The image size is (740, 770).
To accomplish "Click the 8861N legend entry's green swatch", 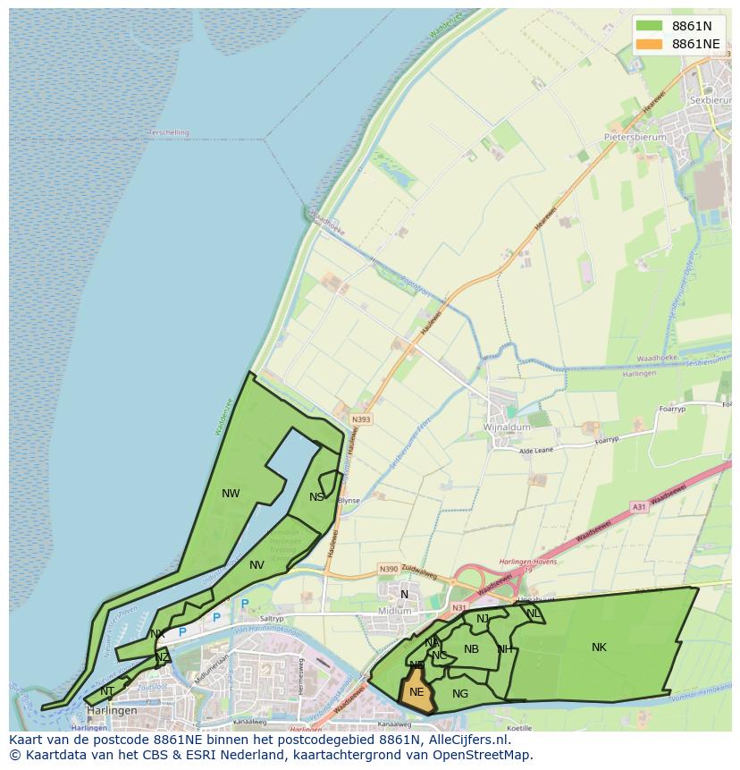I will pos(649,26).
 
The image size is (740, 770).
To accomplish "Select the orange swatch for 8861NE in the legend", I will pos(649,44).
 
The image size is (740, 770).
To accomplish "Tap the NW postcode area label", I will pos(231,493).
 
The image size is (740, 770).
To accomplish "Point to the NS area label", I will pos(316,497).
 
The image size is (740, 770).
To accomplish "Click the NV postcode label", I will pos(256,564).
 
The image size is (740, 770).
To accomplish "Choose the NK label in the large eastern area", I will pos(599,647).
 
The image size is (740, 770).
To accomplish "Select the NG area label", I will pos(460,693).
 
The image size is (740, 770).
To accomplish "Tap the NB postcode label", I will pos(471,649).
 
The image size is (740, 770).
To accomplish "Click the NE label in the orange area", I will pos(416,691).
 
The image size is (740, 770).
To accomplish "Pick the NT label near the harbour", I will pos(107,690).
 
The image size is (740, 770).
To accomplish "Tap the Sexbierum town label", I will pos(711,100).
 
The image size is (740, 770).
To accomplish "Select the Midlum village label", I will pos(394,611).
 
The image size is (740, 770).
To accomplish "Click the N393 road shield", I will pos(361,419).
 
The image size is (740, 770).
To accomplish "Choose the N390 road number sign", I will pos(388,569).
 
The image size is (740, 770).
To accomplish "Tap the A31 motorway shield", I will pos(638,506).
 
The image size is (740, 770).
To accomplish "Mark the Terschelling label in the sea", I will pos(169,132).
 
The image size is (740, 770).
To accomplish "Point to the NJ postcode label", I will pos(483,619).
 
